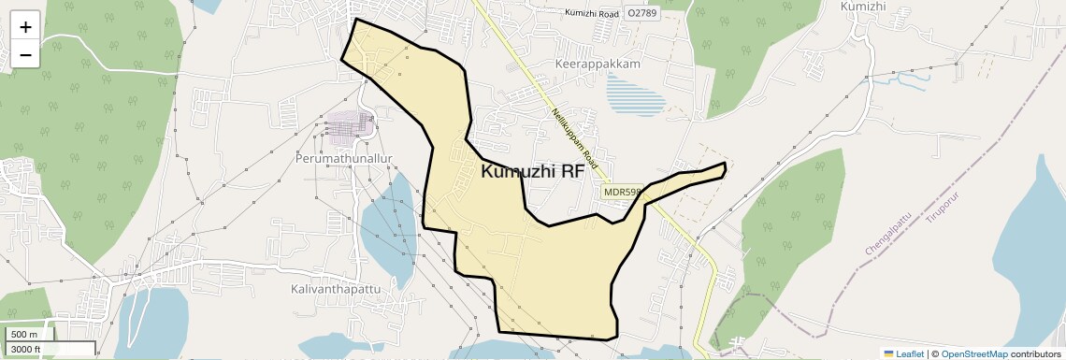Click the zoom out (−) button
coord(25,55)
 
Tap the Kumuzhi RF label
coord(532,172)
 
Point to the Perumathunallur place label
coord(357,161)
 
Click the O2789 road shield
coord(642,13)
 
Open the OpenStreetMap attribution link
coord(973,353)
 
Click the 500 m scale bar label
coord(25,335)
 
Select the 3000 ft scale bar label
coord(25,350)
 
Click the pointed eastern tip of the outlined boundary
coord(725,166)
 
